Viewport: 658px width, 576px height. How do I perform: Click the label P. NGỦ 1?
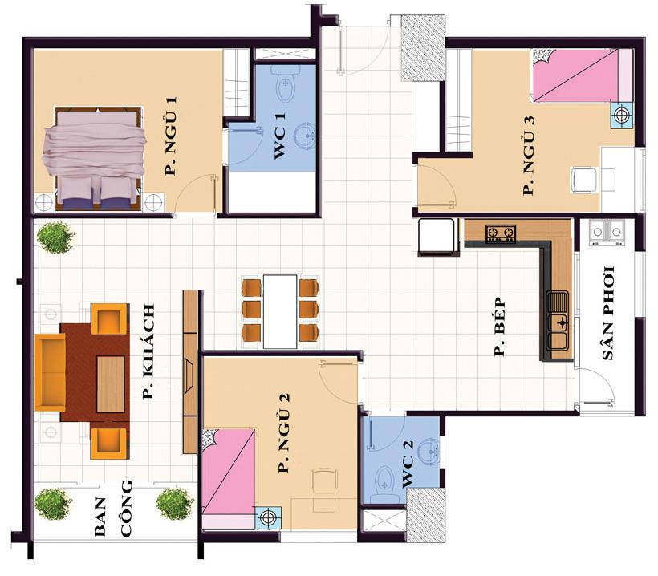tap(171, 136)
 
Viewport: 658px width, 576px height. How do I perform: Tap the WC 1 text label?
tap(279, 136)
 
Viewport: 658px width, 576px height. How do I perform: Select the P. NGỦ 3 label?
tap(529, 155)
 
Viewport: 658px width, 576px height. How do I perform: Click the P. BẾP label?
tap(500, 327)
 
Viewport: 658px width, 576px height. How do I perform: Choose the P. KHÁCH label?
tap(148, 351)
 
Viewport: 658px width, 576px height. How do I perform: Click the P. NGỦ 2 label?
tap(285, 433)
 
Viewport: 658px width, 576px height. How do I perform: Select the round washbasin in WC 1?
tap(305, 135)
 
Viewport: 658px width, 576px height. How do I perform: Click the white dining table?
tap(280, 311)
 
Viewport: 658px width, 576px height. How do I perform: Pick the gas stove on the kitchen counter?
tap(501, 233)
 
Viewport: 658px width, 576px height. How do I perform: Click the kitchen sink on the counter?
tap(558, 325)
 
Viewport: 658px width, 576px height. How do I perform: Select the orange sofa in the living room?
tap(50, 372)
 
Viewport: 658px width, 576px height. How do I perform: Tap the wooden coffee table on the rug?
tap(111, 384)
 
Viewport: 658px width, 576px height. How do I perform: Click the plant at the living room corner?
tap(56, 237)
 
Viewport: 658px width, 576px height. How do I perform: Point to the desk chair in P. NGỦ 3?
tap(584, 180)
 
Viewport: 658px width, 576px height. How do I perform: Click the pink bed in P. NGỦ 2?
tap(229, 478)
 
